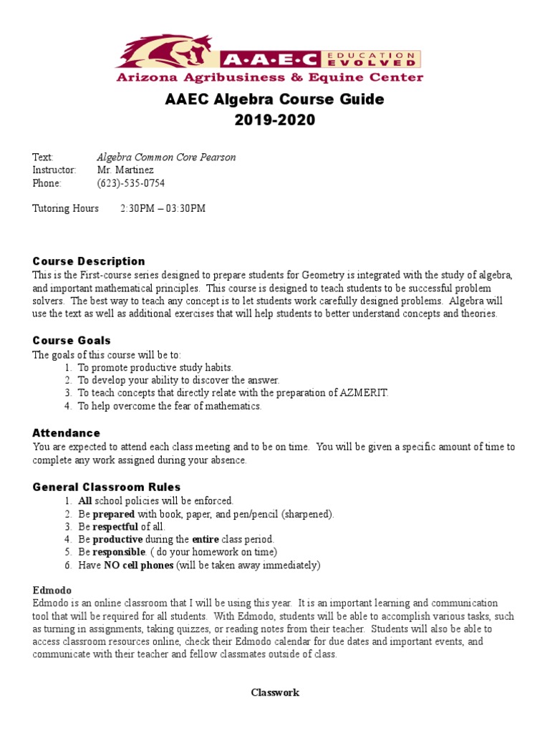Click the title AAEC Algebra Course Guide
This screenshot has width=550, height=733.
274,99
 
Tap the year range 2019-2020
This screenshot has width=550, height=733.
274,120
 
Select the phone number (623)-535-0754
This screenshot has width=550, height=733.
130,183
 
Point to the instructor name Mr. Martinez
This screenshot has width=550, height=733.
125,170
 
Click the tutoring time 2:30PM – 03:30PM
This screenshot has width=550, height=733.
163,208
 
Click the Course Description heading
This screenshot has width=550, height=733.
89,261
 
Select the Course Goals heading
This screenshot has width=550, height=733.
72,340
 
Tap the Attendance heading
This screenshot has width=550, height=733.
66,433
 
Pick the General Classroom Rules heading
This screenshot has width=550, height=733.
107,487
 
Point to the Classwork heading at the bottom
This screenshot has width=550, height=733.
274,692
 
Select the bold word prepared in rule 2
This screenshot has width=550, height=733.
113,514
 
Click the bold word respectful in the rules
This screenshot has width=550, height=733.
116,527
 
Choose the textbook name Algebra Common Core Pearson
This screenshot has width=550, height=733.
166,157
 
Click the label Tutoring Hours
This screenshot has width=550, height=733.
66,208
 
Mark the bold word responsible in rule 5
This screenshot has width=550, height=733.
119,553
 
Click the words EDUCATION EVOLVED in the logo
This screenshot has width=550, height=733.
380,59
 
